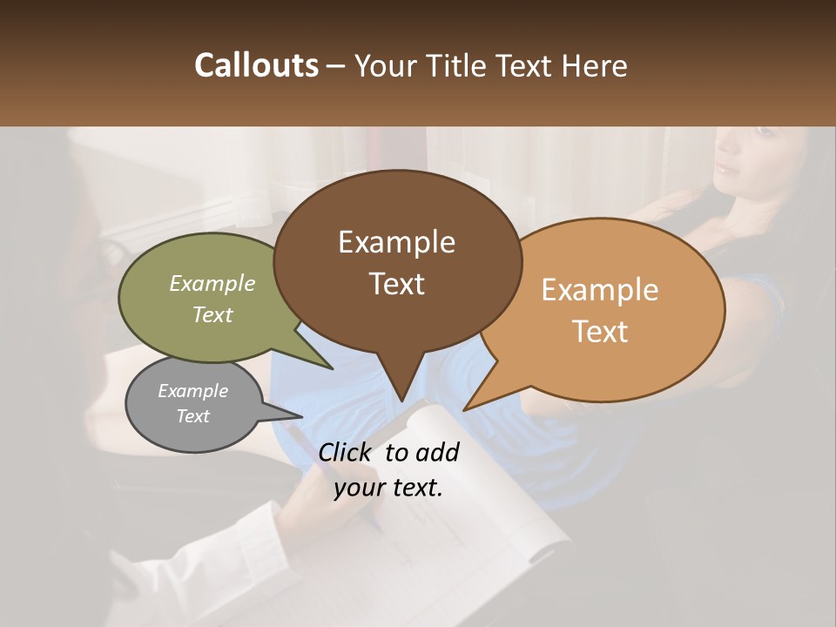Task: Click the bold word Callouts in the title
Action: (256, 65)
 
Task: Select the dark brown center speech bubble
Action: (397, 261)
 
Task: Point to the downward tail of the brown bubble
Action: (400, 383)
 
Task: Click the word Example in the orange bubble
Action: (600, 290)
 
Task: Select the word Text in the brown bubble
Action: (397, 284)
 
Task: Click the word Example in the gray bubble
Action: (192, 391)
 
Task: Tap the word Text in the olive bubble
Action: (212, 314)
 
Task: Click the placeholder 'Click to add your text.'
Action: (388, 470)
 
